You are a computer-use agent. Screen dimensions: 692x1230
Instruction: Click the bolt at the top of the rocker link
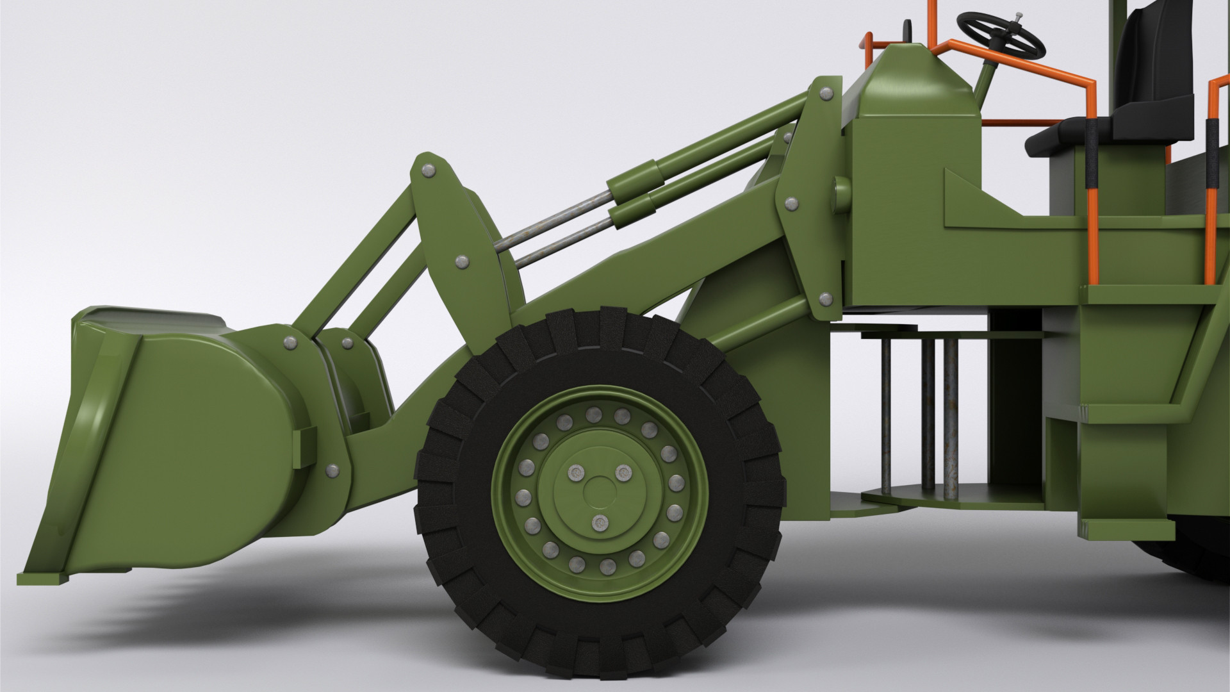(x=427, y=170)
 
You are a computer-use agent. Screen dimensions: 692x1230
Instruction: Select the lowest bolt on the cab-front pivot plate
(x=825, y=298)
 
